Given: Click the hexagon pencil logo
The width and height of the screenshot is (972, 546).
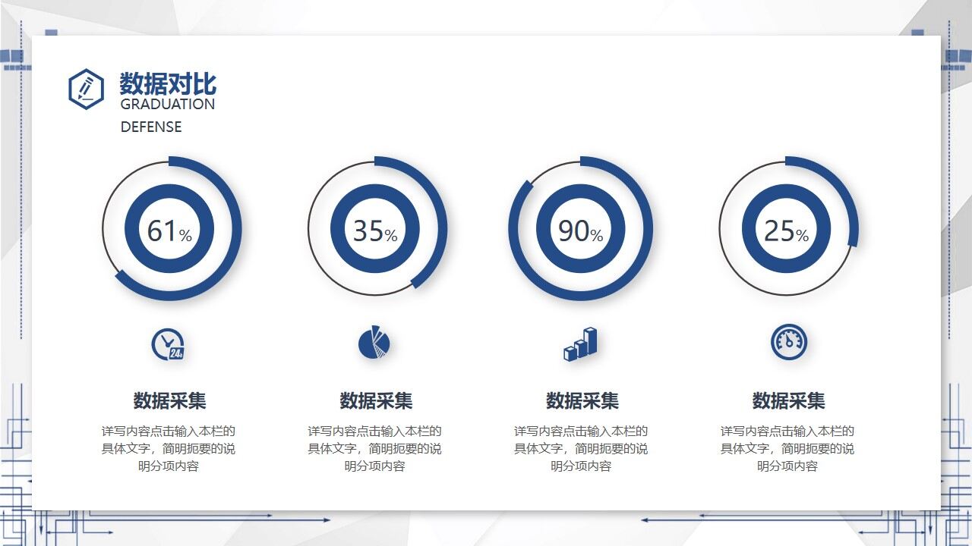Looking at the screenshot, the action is (87, 89).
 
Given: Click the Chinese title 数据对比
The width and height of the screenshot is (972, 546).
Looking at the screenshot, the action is (168, 83).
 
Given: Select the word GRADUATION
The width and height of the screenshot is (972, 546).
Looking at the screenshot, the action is (168, 105).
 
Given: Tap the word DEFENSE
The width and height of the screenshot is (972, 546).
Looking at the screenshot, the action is (151, 127).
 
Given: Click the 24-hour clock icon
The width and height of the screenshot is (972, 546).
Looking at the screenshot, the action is (168, 344).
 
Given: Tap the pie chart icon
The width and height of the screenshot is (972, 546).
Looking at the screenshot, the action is (374, 342).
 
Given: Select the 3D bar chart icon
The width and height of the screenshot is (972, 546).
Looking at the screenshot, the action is (580, 344).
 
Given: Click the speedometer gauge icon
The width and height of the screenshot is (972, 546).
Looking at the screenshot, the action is (789, 342).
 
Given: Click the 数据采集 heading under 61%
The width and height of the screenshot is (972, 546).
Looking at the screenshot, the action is (169, 400).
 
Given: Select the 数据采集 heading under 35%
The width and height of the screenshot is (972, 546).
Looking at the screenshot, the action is (376, 400).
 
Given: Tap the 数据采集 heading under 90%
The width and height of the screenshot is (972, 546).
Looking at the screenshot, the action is (582, 400).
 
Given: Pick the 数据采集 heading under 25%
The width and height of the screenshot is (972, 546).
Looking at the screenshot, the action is (788, 400).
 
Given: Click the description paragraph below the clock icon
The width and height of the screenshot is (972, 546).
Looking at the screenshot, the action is (169, 448).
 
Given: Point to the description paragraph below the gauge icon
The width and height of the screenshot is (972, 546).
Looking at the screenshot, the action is (787, 448).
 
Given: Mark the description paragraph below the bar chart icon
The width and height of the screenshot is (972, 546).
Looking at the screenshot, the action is (581, 448).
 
